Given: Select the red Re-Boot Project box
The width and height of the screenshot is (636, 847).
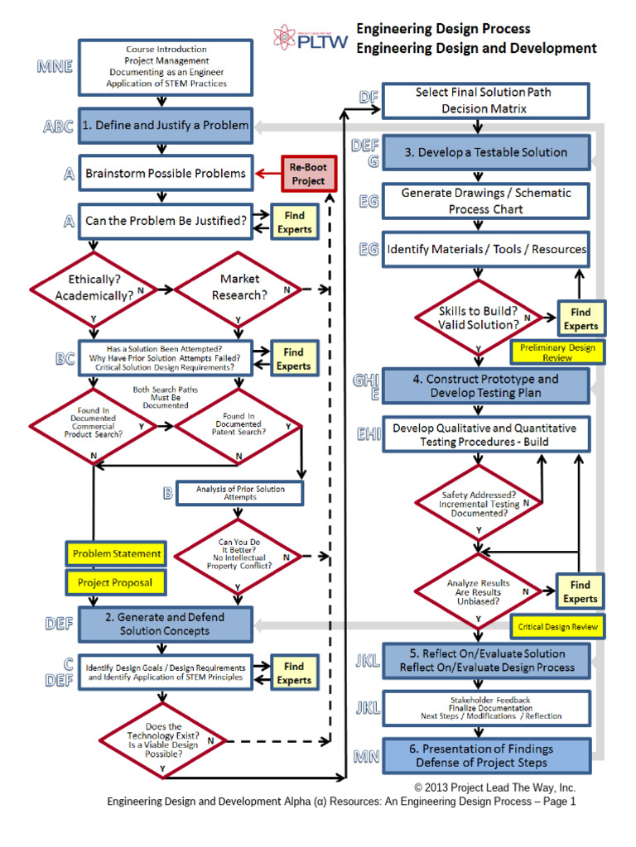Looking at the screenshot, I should coord(308,174).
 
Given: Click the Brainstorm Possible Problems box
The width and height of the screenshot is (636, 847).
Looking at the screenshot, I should coord(166,173).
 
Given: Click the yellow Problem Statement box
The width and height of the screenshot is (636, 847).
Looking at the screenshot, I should coord(116,553).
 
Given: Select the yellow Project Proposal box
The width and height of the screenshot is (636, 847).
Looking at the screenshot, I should coord(115,582).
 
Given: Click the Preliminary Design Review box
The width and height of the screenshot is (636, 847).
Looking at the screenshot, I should coord(557,352).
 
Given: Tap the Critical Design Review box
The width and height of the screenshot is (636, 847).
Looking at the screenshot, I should coord(557,627).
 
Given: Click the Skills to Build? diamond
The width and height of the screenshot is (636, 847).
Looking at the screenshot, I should coord(479,318).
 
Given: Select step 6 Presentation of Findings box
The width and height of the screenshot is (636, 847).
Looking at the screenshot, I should coord(487,755).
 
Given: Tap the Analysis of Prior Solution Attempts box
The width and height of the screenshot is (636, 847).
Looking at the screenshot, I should coord(239,493).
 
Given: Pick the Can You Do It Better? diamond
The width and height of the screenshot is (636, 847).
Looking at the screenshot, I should coord(238,554).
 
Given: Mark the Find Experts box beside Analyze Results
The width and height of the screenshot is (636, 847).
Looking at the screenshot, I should coord(580,591).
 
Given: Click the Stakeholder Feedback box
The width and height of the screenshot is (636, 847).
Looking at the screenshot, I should coord(487,708).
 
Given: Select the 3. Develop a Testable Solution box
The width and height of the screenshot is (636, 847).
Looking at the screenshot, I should coord(487,152).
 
